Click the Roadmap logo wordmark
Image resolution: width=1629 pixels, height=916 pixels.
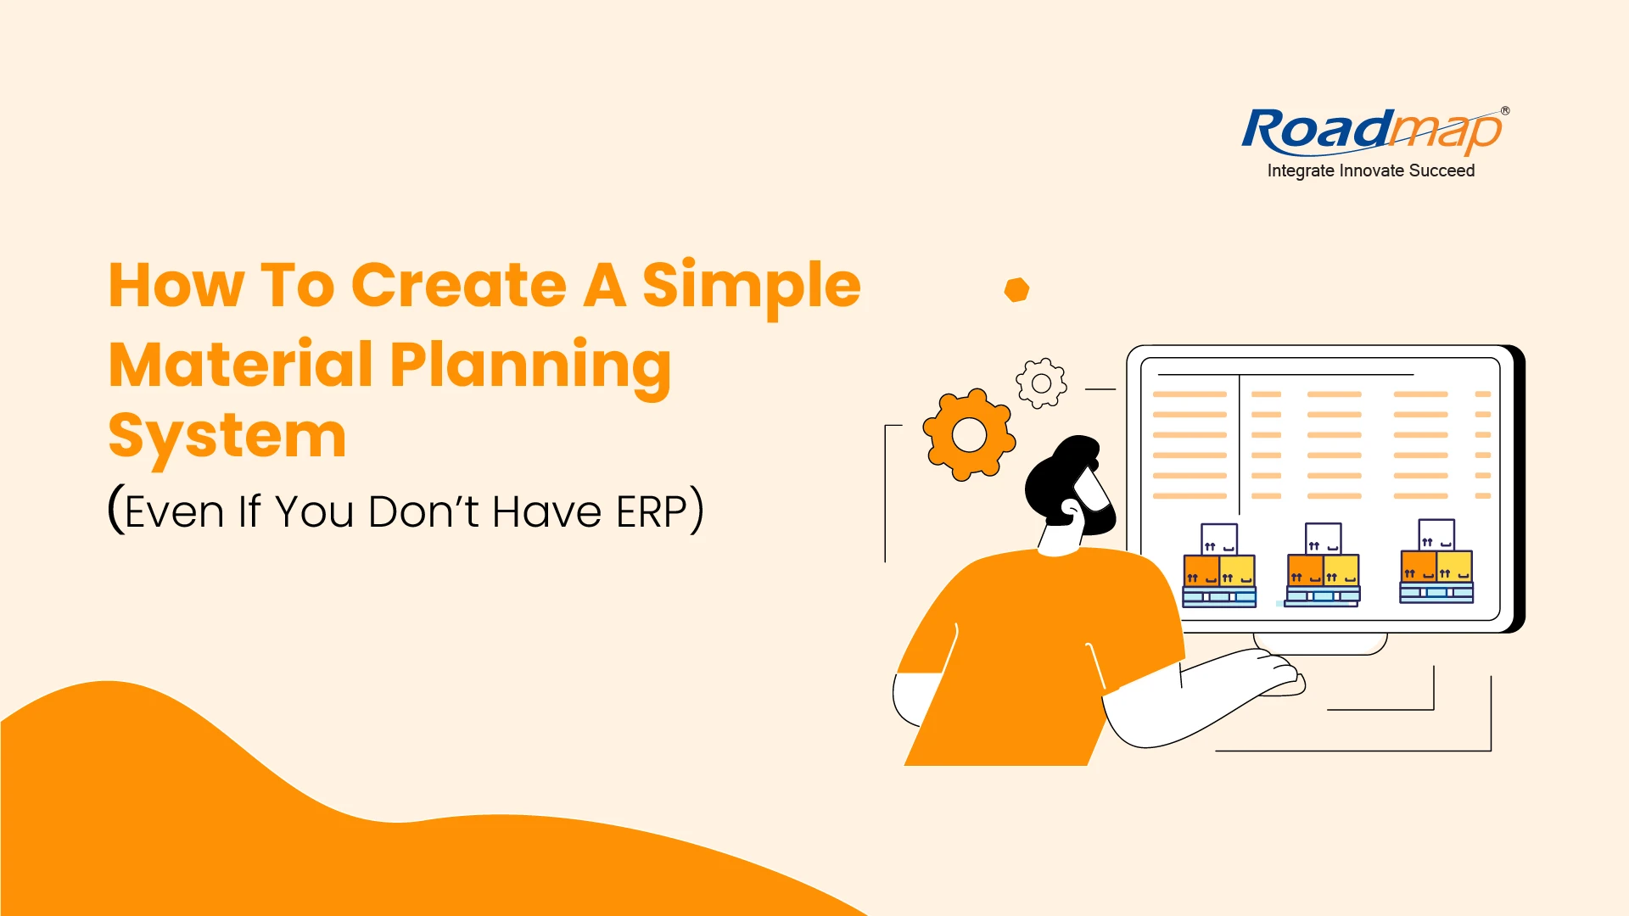tap(1372, 132)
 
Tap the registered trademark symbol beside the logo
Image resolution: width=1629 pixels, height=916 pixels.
tap(1505, 111)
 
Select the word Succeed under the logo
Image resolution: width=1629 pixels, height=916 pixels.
tap(1441, 170)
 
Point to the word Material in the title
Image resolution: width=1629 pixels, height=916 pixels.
tap(241, 365)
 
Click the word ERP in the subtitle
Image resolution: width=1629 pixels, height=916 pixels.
tap(651, 511)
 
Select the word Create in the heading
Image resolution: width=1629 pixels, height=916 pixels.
tap(458, 285)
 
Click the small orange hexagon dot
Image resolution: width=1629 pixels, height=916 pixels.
tap(1016, 290)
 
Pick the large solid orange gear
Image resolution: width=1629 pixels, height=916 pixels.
tap(969, 435)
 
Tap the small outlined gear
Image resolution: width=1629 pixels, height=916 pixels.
tap(1041, 383)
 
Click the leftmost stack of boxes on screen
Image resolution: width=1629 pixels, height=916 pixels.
tap(1219, 565)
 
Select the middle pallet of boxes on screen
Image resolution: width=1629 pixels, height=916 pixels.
tap(1323, 565)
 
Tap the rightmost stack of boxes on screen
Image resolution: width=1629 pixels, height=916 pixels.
tap(1436, 561)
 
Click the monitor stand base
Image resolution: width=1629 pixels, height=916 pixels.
tap(1320, 644)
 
